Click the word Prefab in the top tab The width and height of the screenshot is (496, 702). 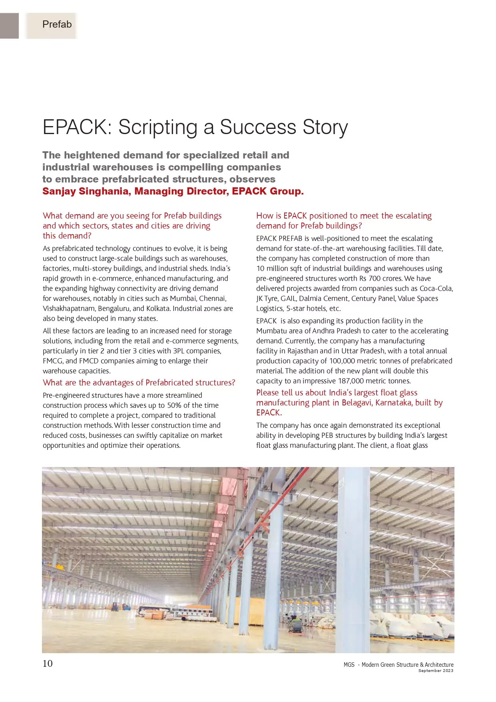pos(57,24)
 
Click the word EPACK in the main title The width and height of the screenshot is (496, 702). pos(74,127)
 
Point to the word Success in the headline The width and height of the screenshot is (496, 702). pos(258,127)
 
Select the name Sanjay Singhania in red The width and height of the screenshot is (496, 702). pos(86,191)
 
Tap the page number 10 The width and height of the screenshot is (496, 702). pos(48,664)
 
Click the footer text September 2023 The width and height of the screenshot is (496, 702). pos(436,671)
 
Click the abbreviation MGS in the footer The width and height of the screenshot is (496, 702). pos(349,665)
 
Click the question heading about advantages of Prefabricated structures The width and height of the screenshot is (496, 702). pos(139,383)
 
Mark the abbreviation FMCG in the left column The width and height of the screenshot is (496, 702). pos(52,361)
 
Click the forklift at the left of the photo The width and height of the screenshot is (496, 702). pos(115,606)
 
